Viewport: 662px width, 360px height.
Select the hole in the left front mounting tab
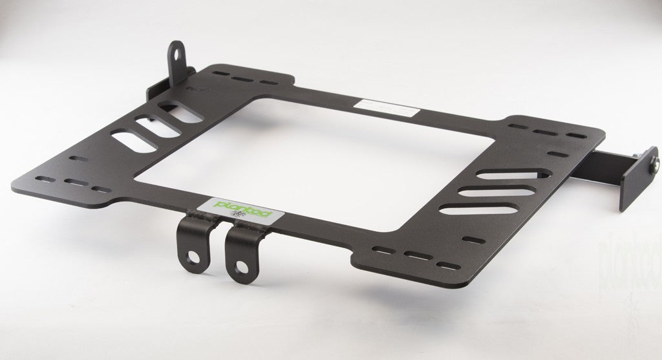[193, 258]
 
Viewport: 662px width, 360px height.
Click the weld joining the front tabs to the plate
[220, 220]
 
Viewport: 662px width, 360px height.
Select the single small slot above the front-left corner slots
[76, 159]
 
